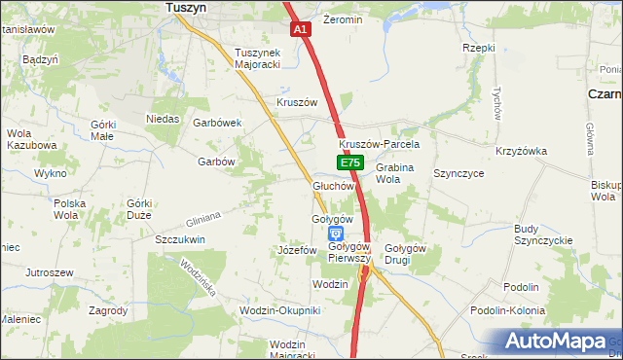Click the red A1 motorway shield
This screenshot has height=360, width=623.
301,30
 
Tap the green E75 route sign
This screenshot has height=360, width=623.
351,163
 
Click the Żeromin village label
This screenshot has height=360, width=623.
343,19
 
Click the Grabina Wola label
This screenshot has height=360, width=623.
395,173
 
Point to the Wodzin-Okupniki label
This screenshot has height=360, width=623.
279,310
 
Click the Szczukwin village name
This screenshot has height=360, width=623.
180,238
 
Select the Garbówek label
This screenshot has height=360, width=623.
217,123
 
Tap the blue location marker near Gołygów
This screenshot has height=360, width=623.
335,234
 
